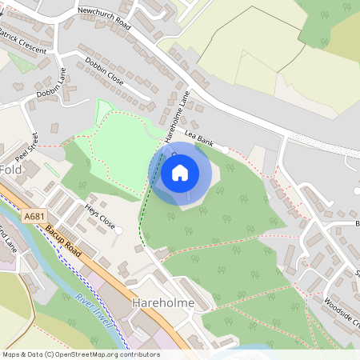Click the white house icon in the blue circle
coord(180,171)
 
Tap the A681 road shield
coord(34,216)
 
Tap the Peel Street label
coord(33,143)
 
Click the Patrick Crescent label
coord(23,44)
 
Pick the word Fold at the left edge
coord(10,170)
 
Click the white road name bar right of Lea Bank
coord(222,149)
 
